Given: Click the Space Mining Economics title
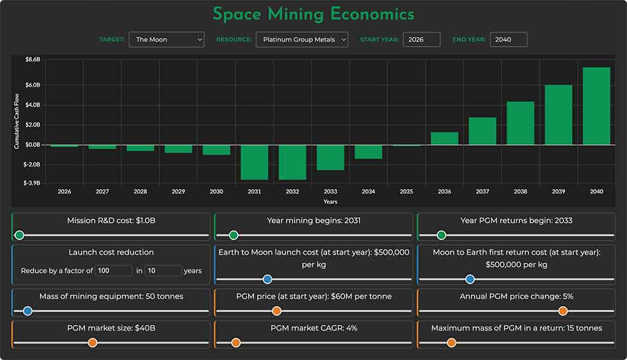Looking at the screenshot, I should [x=313, y=13].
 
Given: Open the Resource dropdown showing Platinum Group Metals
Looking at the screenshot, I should [x=301, y=40].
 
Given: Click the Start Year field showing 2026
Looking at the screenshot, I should [x=421, y=40].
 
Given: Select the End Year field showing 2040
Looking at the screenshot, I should [x=508, y=40].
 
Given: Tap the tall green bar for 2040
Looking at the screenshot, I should [x=596, y=106].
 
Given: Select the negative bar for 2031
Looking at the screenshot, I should [x=254, y=162].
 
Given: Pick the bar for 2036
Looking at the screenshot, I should [x=444, y=138].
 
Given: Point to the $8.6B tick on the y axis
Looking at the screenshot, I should [x=32, y=60].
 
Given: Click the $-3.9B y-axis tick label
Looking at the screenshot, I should [x=32, y=183].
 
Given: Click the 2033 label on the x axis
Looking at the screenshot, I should [x=330, y=192].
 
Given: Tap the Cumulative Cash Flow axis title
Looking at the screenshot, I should [x=17, y=121].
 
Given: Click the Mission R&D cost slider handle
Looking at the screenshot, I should [x=20, y=235].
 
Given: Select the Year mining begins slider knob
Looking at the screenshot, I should [x=233, y=235].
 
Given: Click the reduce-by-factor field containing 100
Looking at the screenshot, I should [x=113, y=271].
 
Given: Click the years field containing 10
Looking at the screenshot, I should [x=163, y=271].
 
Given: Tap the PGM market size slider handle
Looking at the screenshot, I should [x=92, y=343].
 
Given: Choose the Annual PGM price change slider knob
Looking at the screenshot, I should [x=563, y=311].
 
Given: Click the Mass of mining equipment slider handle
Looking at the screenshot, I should [x=28, y=311].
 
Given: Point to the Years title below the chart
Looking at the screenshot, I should [x=330, y=201].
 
